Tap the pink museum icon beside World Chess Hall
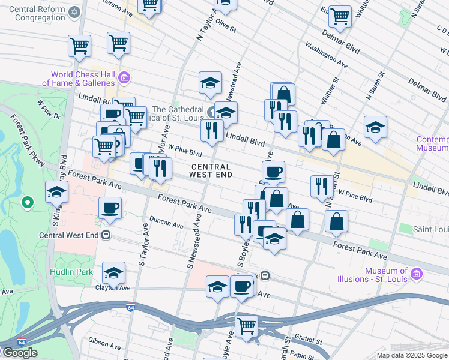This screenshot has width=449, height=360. tap(125, 77)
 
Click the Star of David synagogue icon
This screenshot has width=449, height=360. tap(74, 12)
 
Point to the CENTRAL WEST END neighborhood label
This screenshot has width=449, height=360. tap(209, 170)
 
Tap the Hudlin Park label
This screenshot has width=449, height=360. tap(75, 272)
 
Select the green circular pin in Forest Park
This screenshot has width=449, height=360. tap(27, 203)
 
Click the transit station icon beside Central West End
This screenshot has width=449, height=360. tap(106, 235)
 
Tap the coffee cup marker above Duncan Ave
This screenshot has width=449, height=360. tap(110, 208)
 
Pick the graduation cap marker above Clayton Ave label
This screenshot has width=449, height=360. tap(113, 273)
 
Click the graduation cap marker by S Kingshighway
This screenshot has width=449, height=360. tap(56, 192)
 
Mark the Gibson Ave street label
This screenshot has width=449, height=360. tap(105, 344)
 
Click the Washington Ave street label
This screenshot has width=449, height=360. tap(326, 55)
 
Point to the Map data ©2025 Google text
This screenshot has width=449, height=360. tap(411, 355)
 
